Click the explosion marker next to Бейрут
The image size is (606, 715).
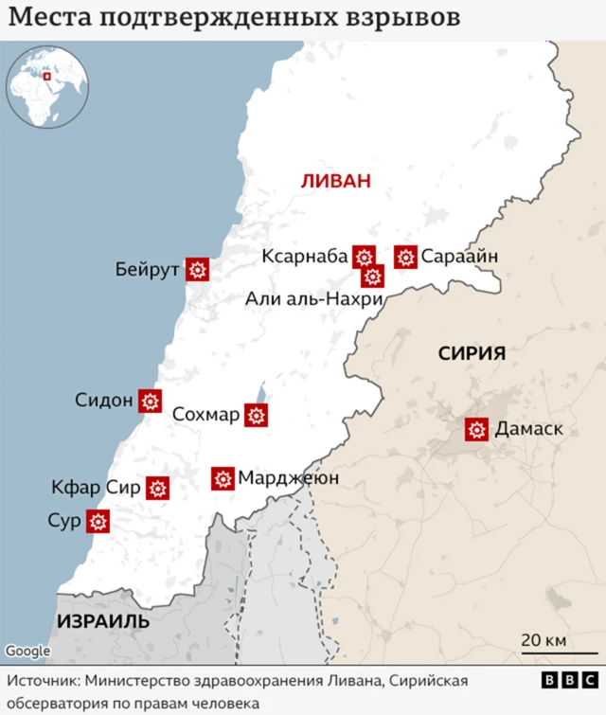pyautogui.click(x=197, y=270)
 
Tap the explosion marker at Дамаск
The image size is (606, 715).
pyautogui.click(x=477, y=430)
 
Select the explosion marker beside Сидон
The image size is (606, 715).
pyautogui.click(x=150, y=401)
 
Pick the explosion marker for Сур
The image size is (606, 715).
pyautogui.click(x=98, y=521)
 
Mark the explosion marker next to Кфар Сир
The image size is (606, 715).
pyautogui.click(x=157, y=489)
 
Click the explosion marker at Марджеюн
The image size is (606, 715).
pyautogui.click(x=223, y=478)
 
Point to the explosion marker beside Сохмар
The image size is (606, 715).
pyautogui.click(x=256, y=415)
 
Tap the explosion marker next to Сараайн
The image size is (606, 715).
pyautogui.click(x=406, y=257)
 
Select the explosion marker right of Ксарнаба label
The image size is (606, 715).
pyautogui.click(x=364, y=257)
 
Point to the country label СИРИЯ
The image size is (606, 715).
pyautogui.click(x=472, y=353)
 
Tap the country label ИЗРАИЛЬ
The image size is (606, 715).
pyautogui.click(x=103, y=621)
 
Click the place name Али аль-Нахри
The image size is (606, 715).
pyautogui.click(x=313, y=299)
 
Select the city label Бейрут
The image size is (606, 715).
pyautogui.click(x=148, y=271)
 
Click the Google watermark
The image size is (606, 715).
pyautogui.click(x=27, y=652)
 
